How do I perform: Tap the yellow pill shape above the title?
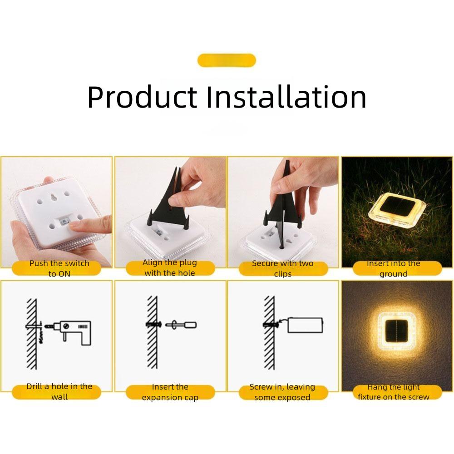(x=227, y=60)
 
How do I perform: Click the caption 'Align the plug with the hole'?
(x=170, y=268)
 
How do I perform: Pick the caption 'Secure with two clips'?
(x=283, y=268)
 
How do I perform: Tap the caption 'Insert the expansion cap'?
(x=170, y=392)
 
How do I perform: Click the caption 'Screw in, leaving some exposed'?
(x=283, y=392)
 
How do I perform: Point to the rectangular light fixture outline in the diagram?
(x=305, y=325)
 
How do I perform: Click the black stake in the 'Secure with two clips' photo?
(x=280, y=204)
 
